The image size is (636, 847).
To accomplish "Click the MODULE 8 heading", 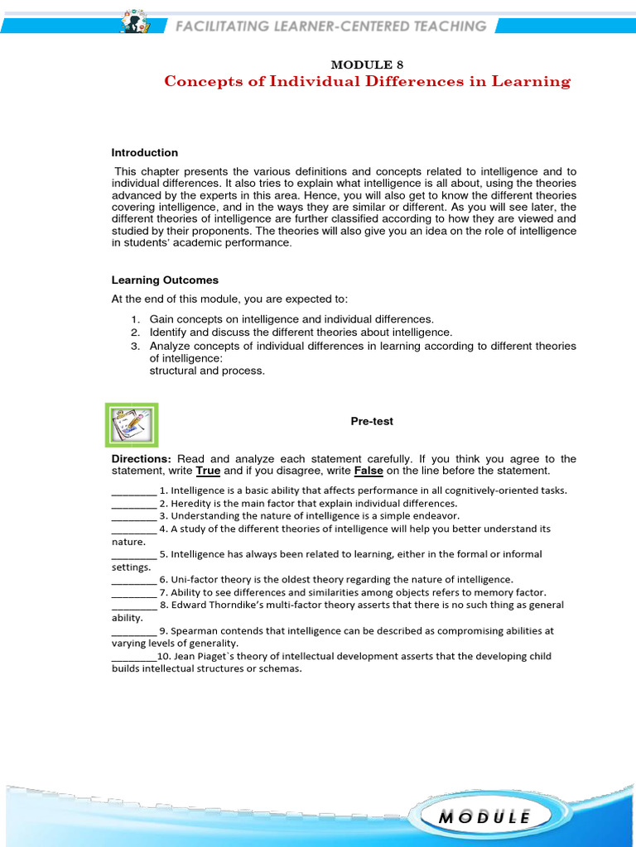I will pyautogui.click(x=367, y=65).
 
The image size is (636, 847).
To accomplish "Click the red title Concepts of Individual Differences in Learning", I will pyautogui.click(x=367, y=81).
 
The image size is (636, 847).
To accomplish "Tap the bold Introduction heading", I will pyautogui.click(x=145, y=153).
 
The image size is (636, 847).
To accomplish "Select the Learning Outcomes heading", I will pyautogui.click(x=165, y=280).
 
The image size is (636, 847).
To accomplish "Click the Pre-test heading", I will pyautogui.click(x=372, y=421).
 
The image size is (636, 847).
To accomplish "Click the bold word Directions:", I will pyautogui.click(x=142, y=459).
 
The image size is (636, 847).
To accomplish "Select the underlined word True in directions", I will pyautogui.click(x=208, y=471).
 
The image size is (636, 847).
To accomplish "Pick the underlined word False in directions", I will pyautogui.click(x=369, y=471).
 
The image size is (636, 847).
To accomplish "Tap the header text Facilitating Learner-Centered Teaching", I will pyautogui.click(x=330, y=26).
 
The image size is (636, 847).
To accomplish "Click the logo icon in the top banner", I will pyautogui.click(x=133, y=22).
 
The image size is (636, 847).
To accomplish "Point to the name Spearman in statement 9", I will pyautogui.click(x=195, y=631).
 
